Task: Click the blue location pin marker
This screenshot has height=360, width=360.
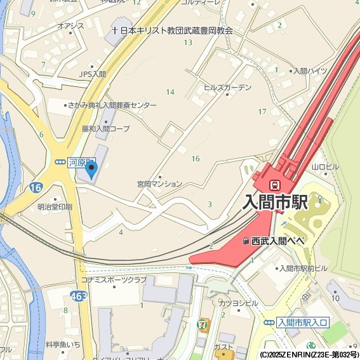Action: point(92,170)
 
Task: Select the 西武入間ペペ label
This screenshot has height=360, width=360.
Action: point(278,241)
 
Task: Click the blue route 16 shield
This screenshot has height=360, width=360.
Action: point(35,187)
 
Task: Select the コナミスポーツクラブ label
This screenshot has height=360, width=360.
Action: point(114,279)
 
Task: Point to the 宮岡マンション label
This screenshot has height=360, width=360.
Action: point(159,183)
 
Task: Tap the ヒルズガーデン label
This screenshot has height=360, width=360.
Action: point(227,88)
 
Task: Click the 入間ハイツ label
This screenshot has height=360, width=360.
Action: point(309,70)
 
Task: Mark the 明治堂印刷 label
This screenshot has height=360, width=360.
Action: point(55,207)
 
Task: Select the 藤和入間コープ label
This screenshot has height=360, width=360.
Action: point(105,128)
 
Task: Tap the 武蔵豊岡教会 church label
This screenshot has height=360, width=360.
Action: point(170,29)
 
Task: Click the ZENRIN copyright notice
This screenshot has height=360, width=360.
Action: point(309,354)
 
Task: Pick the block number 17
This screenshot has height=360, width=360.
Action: point(262,112)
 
